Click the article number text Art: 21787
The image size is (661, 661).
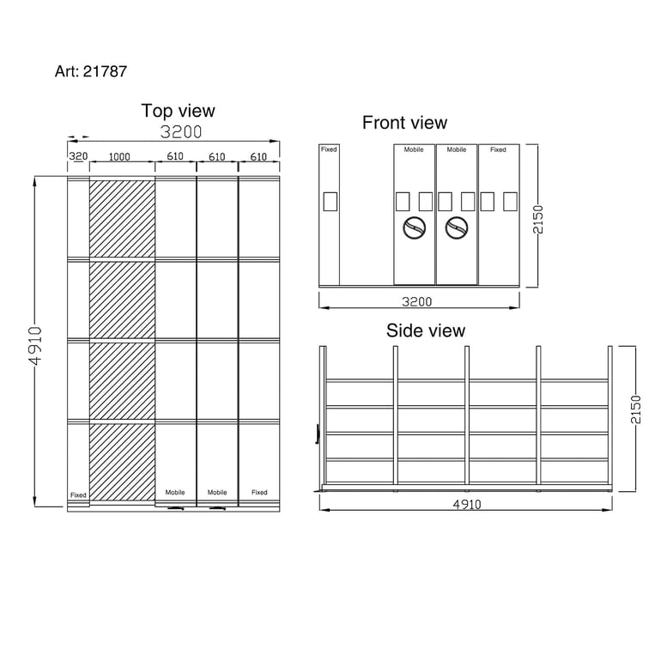[x=91, y=71]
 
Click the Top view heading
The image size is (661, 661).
[x=178, y=111]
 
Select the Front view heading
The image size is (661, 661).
[x=404, y=123]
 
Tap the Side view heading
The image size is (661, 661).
[x=425, y=330]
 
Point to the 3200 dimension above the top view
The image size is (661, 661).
[x=181, y=132]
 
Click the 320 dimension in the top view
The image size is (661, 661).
[x=78, y=157]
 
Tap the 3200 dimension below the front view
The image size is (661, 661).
[x=418, y=301]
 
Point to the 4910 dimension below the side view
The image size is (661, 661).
[x=466, y=505]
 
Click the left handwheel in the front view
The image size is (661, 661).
[x=415, y=228]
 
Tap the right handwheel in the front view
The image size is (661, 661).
[x=457, y=228]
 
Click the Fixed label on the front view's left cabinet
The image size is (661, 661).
[x=329, y=149]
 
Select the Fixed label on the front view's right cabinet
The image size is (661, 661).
[x=498, y=149]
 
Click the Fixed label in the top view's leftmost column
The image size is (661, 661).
[x=78, y=495]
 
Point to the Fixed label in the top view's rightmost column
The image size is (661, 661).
[x=259, y=493]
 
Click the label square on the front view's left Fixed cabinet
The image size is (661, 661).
[x=330, y=202]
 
